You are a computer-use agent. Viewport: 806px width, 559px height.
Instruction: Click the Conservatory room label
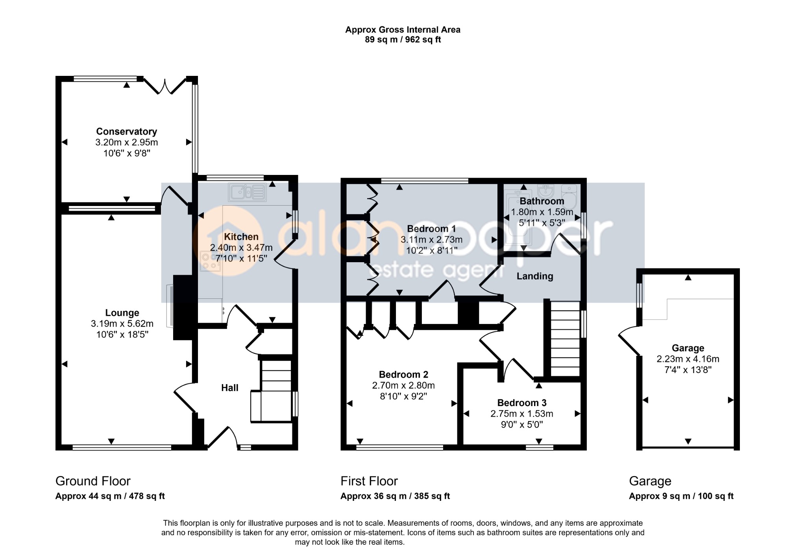(x=126, y=131)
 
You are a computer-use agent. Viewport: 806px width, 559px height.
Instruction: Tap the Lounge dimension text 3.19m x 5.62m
(x=122, y=324)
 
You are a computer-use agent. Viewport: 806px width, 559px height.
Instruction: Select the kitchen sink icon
(x=248, y=192)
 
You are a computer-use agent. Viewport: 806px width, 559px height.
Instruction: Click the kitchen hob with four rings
(x=211, y=261)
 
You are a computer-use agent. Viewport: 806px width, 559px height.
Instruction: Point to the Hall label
(x=230, y=388)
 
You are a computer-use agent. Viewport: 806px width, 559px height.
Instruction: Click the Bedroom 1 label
(x=431, y=229)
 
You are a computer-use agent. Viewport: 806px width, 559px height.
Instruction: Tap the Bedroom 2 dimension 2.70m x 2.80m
(x=403, y=386)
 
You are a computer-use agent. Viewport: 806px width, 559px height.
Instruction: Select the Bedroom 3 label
(x=522, y=403)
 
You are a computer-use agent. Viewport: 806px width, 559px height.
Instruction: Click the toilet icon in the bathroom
(x=569, y=197)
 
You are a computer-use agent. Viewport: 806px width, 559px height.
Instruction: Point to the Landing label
(x=535, y=276)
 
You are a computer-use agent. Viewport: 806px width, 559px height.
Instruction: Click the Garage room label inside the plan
(x=688, y=348)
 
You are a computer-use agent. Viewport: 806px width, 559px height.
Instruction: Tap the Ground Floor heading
(x=93, y=481)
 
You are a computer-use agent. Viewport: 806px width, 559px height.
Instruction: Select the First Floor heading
(x=369, y=481)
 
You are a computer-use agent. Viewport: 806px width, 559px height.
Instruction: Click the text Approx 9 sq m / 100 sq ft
(x=681, y=496)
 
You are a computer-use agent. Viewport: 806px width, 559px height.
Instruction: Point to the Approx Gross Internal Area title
(x=403, y=29)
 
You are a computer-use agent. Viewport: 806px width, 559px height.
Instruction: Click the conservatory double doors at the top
(x=165, y=86)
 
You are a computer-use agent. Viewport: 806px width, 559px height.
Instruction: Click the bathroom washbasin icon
(x=545, y=191)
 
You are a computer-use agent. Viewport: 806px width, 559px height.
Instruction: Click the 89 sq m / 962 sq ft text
(x=403, y=40)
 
